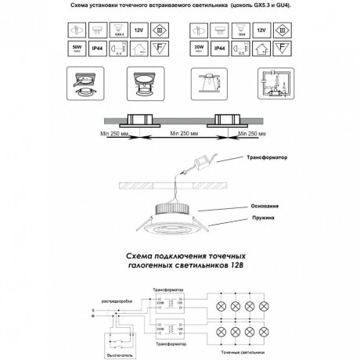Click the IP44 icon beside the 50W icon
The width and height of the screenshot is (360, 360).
(x=95, y=49)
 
